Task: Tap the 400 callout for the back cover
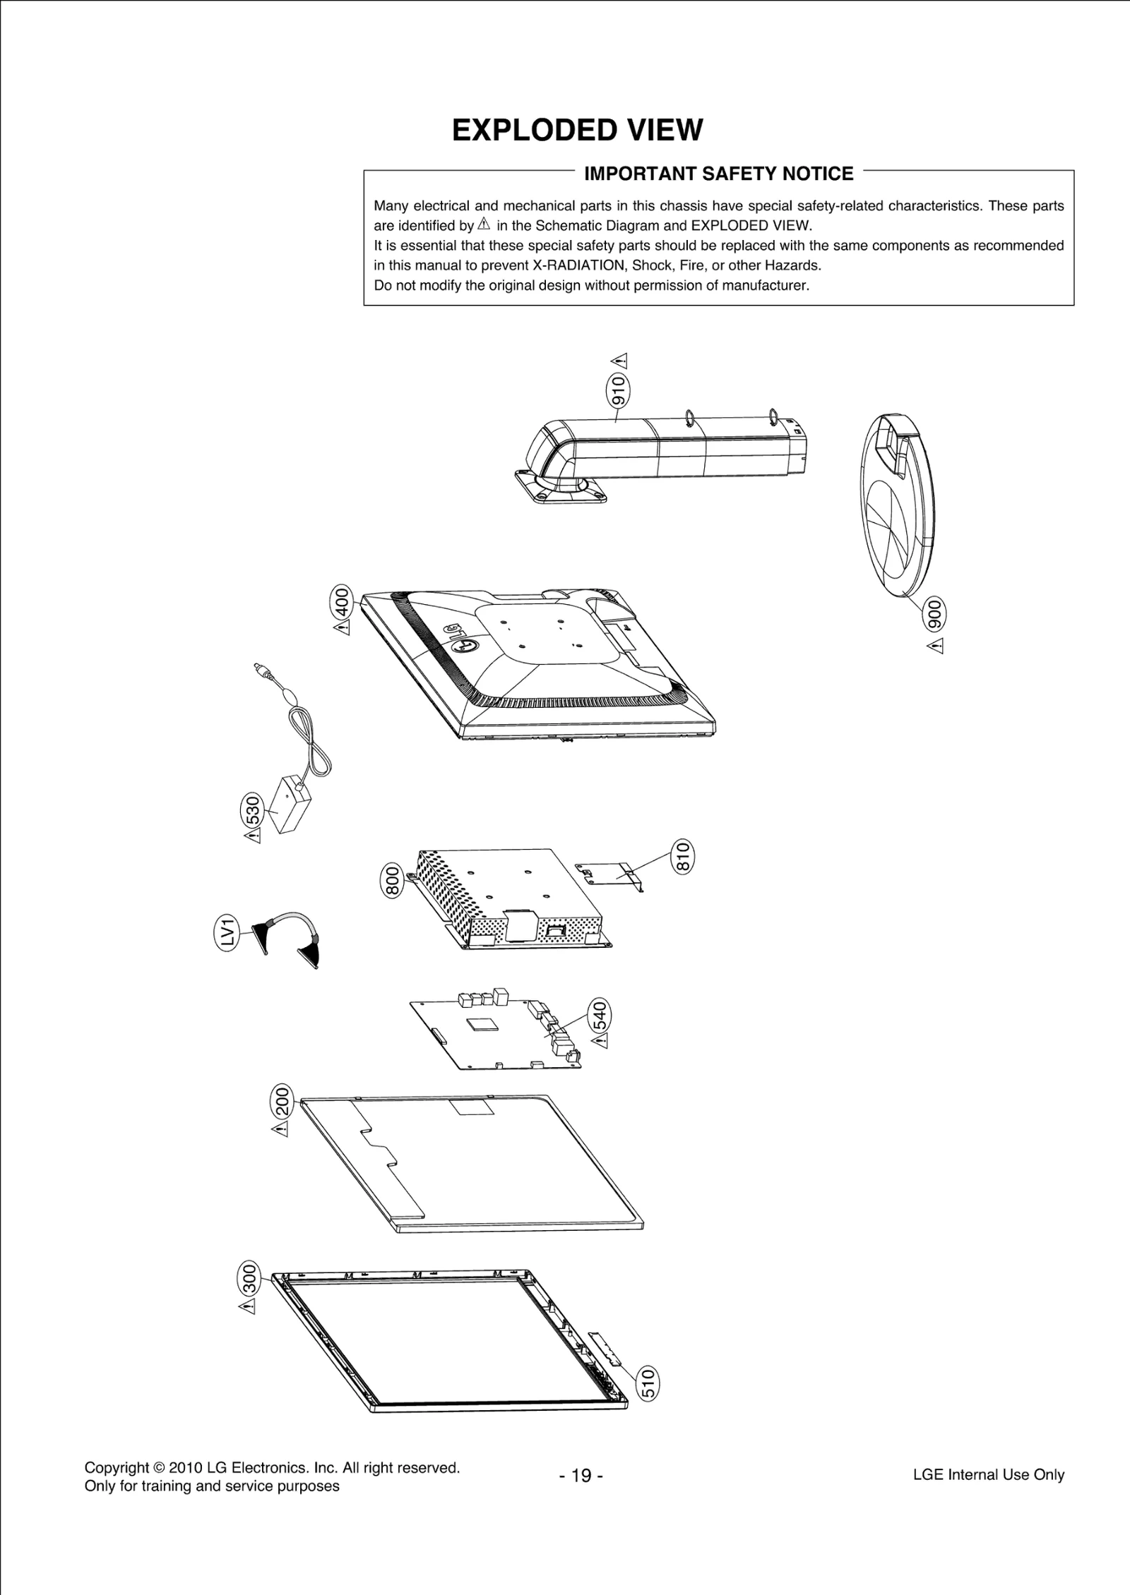point(341,603)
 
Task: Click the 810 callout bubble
point(682,857)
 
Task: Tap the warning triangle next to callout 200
point(280,1131)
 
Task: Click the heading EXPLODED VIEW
point(577,131)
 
